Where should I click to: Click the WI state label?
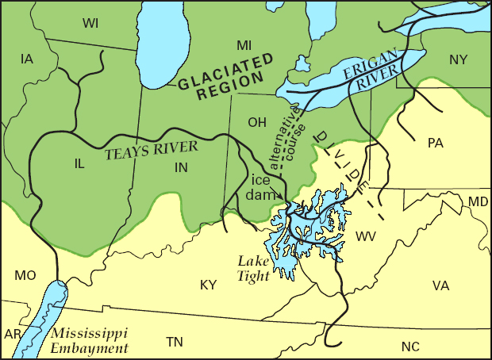pyautogui.click(x=90, y=23)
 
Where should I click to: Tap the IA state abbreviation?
pyautogui.click(x=27, y=59)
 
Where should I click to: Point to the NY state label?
pyautogui.click(x=458, y=59)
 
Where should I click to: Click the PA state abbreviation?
pyautogui.click(x=435, y=143)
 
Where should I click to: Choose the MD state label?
pyautogui.click(x=478, y=202)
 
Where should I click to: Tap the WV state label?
pyautogui.click(x=366, y=236)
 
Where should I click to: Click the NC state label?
pyautogui.click(x=409, y=346)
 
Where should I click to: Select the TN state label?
pyautogui.click(x=175, y=342)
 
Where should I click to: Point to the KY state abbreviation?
pyautogui.click(x=208, y=285)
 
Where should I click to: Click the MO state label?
pyautogui.click(x=25, y=275)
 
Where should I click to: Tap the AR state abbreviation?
pyautogui.click(x=13, y=334)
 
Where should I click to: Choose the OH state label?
pyautogui.click(x=257, y=122)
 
